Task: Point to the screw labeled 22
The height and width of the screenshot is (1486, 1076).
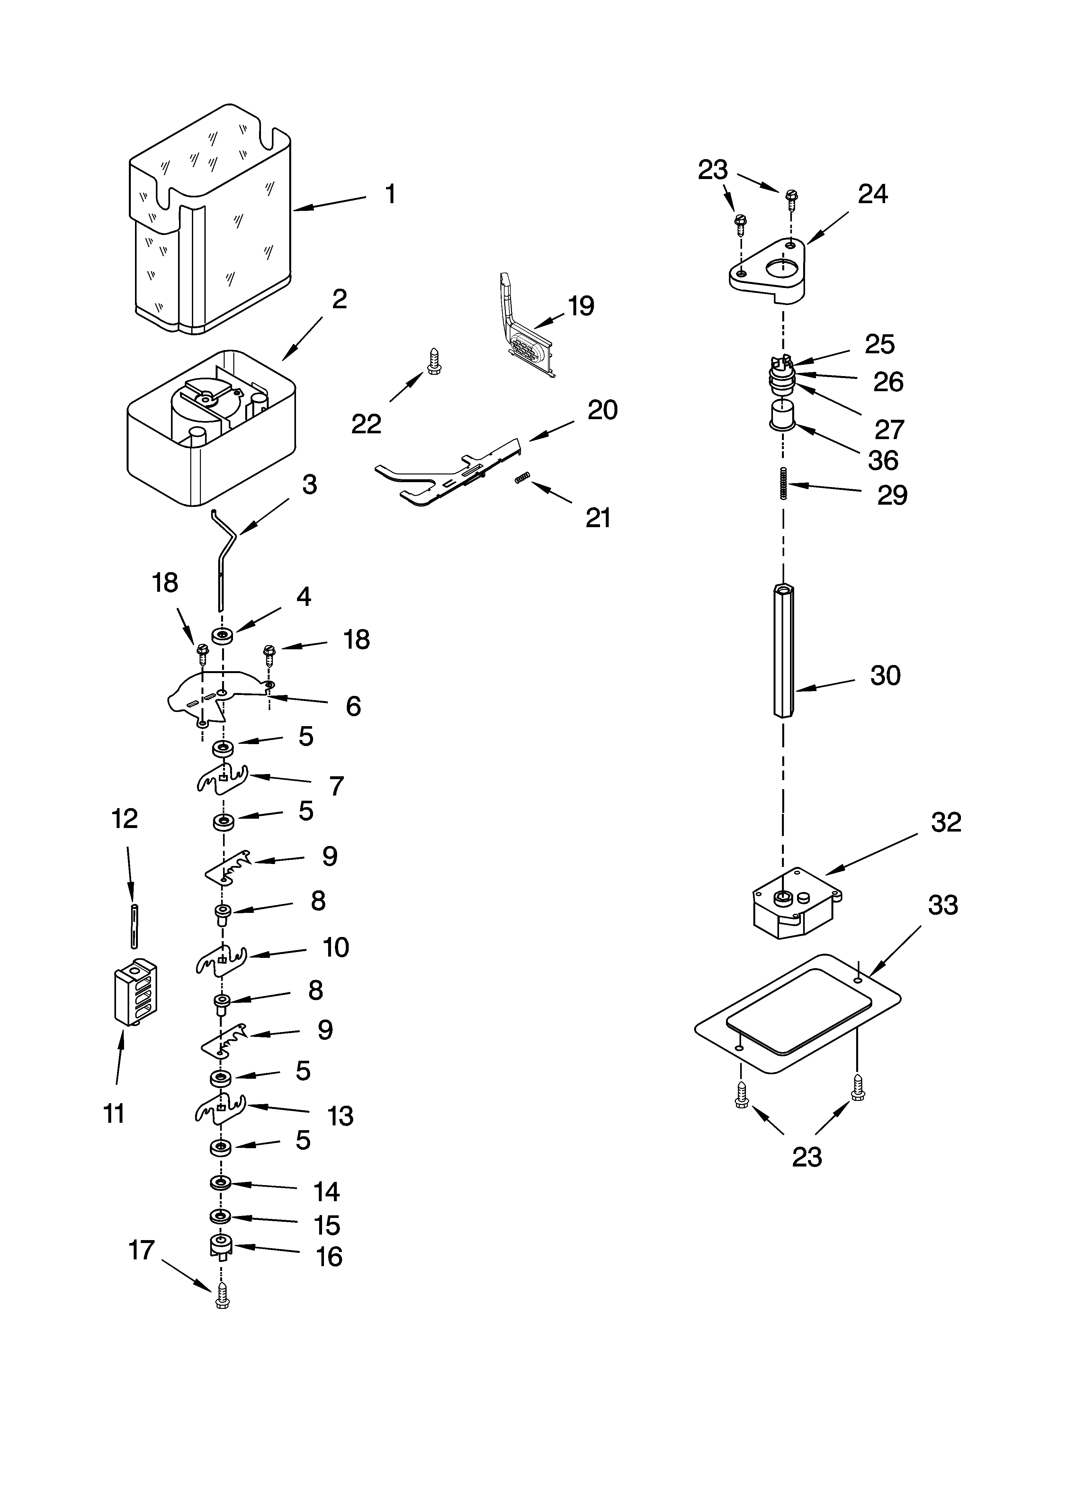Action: pyautogui.click(x=433, y=361)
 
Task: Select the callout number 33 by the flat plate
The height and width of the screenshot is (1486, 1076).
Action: pyautogui.click(x=942, y=905)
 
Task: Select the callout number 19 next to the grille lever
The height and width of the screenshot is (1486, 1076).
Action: pyautogui.click(x=581, y=306)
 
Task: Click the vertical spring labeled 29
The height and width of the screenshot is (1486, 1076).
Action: pyautogui.click(x=783, y=483)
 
